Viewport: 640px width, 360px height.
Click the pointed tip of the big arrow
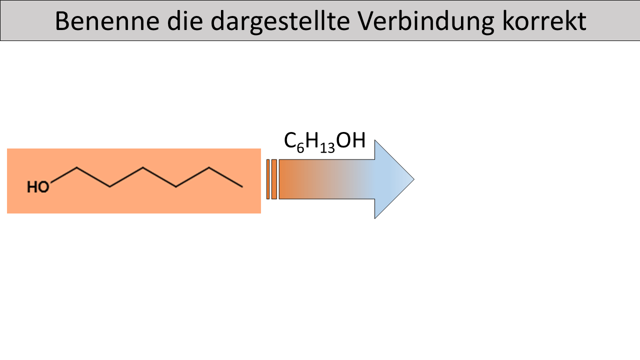coord(414,179)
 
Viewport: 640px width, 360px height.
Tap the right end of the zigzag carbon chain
coord(242,187)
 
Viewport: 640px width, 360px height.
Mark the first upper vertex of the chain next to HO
coord(76,167)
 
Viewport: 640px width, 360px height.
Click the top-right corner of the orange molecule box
coord(261,148)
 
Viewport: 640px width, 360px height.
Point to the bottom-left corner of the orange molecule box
coord(7,213)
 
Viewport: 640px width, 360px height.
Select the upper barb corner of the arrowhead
coord(375,140)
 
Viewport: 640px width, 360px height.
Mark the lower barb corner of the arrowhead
coord(375,218)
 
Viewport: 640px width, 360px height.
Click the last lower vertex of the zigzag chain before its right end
coord(175,187)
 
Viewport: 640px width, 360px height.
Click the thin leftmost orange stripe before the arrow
coord(268,179)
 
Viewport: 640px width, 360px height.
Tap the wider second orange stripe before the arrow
coord(274,179)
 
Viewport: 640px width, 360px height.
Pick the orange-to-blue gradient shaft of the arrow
coord(327,179)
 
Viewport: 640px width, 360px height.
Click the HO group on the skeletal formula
coord(38,187)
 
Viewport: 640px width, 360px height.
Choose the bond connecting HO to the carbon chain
coord(63,174)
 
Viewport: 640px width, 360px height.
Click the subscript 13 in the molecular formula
coord(327,148)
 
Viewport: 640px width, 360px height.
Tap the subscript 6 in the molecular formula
coord(300,148)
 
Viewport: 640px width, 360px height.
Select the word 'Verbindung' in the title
coord(426,21)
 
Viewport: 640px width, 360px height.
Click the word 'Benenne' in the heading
coord(107,21)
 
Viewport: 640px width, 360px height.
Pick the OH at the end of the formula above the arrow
coord(351,140)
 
